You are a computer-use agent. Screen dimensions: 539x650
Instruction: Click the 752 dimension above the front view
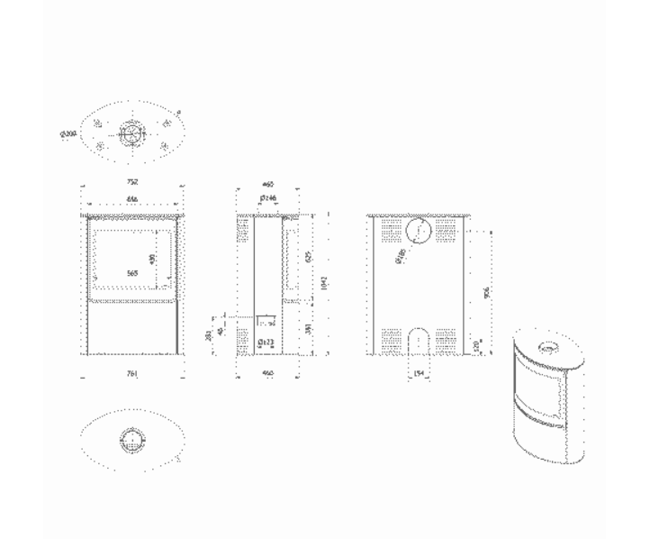tap(132, 182)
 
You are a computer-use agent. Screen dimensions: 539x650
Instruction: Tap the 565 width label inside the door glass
tap(132, 273)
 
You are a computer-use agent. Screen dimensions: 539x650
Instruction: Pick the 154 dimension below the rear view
tap(419, 371)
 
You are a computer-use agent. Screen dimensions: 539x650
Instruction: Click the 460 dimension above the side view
tap(267, 182)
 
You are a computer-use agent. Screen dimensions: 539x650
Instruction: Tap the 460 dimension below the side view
tap(267, 371)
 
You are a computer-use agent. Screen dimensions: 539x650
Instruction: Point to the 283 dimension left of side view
tap(209, 334)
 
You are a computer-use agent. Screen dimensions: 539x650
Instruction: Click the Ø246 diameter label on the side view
tap(267, 197)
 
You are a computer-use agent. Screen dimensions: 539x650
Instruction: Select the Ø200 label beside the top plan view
tap(68, 134)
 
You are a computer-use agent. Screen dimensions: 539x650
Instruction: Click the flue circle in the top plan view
tap(132, 132)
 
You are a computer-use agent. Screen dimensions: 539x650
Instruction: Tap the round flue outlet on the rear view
tap(418, 231)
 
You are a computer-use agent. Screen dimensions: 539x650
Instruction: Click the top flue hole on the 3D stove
tap(548, 347)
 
